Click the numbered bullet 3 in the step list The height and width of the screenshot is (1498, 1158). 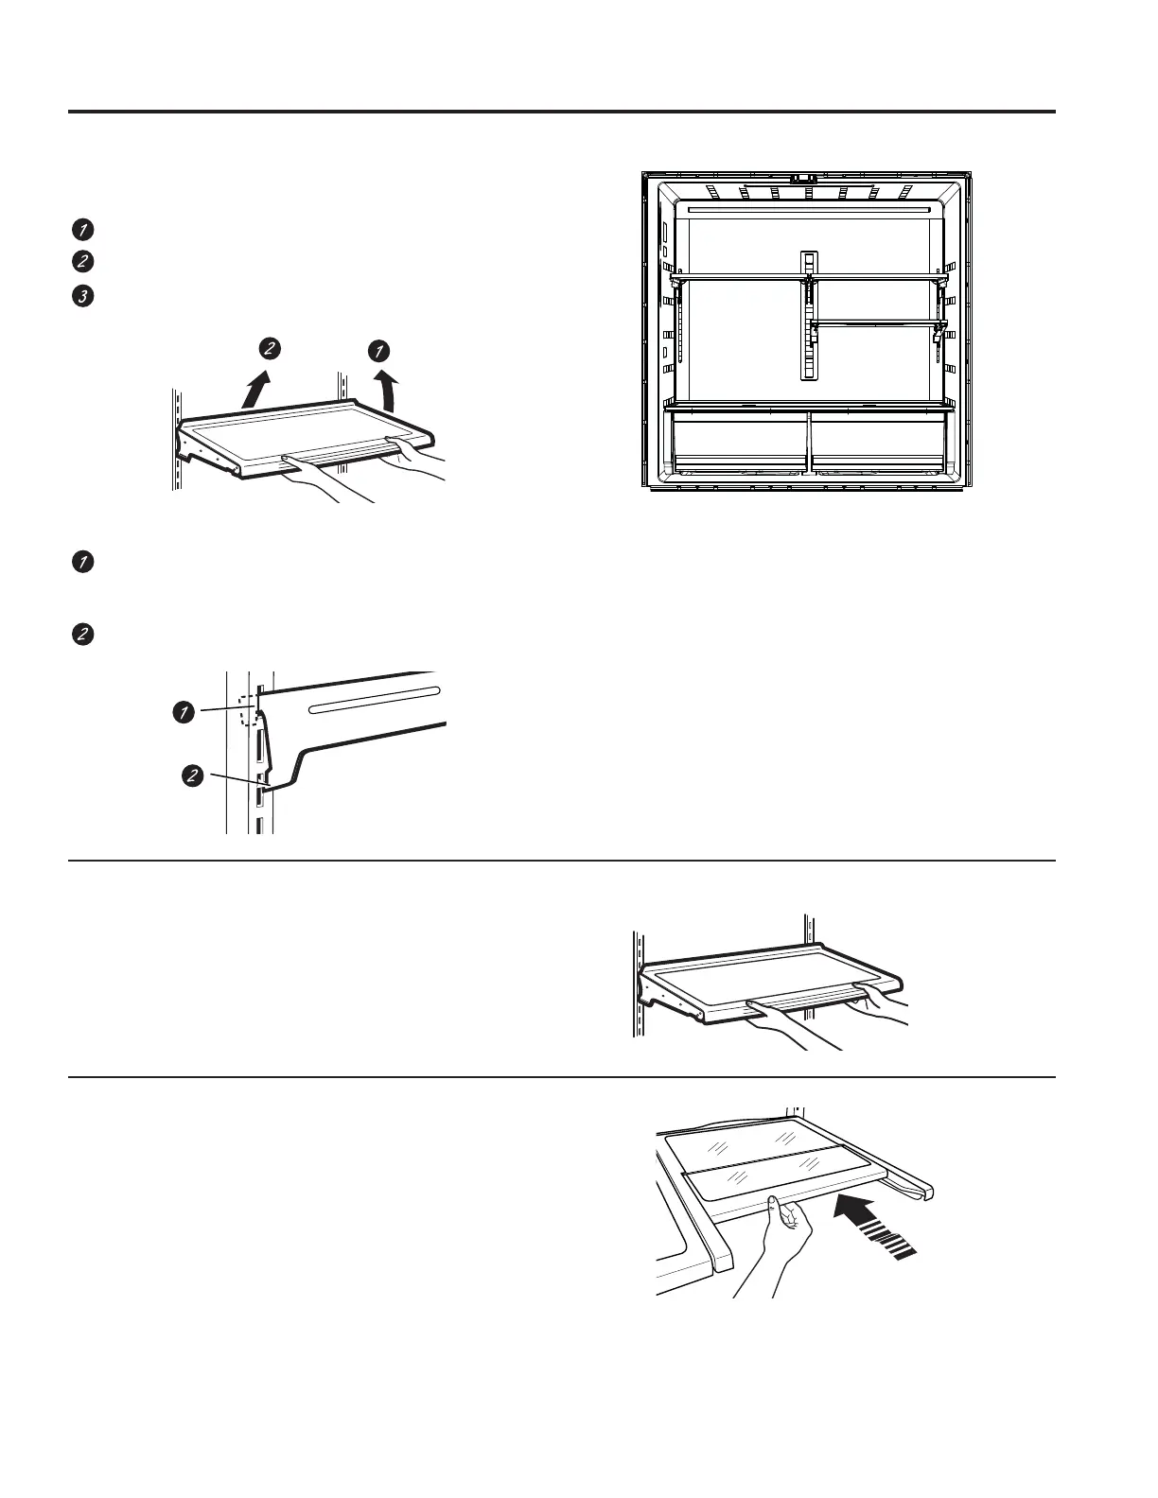pos(83,296)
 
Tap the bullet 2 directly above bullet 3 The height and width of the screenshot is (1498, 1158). pos(83,262)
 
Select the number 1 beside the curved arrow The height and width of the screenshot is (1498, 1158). pos(378,351)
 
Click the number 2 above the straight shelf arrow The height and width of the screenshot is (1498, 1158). pos(271,349)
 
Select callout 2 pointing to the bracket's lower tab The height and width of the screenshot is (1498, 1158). pos(192,776)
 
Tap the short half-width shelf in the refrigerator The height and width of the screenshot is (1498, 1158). pos(874,323)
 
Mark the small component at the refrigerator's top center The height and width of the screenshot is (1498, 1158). pos(804,177)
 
